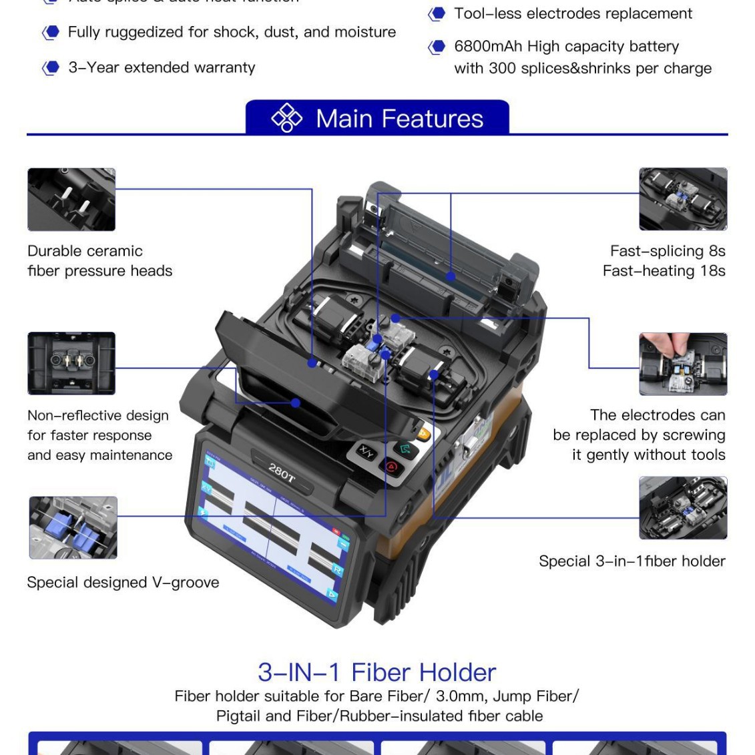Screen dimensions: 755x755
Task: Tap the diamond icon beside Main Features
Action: click(286, 118)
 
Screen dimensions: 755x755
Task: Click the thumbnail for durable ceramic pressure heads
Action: click(71, 200)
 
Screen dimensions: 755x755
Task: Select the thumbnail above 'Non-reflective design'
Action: click(71, 363)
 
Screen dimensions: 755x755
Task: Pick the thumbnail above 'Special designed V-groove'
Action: click(73, 527)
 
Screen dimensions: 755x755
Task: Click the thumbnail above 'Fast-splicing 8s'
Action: click(683, 199)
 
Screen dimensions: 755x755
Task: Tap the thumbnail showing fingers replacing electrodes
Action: click(683, 364)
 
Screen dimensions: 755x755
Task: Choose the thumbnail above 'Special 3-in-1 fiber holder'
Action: click(683, 508)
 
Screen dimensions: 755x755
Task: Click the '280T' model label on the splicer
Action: click(282, 472)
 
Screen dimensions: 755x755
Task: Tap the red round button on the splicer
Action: click(392, 467)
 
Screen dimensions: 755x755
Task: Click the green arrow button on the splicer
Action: click(403, 449)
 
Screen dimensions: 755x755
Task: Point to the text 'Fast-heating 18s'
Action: click(664, 271)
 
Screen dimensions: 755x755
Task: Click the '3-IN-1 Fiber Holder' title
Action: click(377, 672)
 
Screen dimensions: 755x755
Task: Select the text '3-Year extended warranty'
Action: click(162, 67)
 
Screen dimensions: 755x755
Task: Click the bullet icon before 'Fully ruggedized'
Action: click(51, 33)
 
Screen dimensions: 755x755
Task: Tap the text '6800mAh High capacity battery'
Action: click(566, 47)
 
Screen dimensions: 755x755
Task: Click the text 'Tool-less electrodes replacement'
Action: click(573, 14)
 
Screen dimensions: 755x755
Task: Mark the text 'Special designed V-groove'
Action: click(123, 582)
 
